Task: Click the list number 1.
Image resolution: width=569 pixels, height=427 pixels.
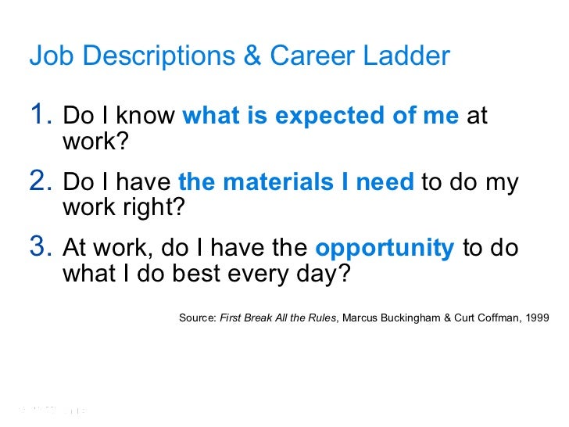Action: point(40,116)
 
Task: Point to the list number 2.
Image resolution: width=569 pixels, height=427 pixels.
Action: point(40,181)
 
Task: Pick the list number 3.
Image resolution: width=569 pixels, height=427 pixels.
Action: point(40,247)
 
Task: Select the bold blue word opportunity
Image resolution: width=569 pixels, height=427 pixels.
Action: point(385,248)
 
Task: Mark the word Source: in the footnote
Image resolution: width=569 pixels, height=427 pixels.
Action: point(198,318)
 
